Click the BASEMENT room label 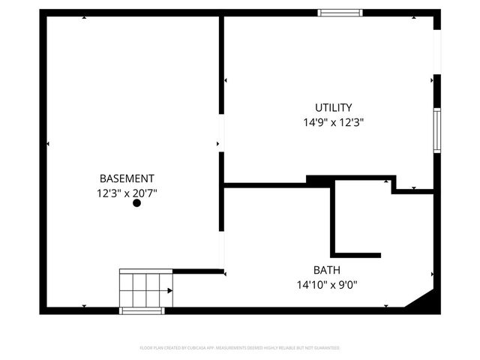127,178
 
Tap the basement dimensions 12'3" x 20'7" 127,193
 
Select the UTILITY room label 333,107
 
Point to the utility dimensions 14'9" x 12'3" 333,121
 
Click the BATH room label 326,270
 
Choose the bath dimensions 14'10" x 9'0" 326,284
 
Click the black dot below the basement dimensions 136,202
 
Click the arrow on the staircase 170,290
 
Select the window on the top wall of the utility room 340,13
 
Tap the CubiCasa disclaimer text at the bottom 240,348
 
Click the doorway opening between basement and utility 221,133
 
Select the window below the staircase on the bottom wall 142,310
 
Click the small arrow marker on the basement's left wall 48,143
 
